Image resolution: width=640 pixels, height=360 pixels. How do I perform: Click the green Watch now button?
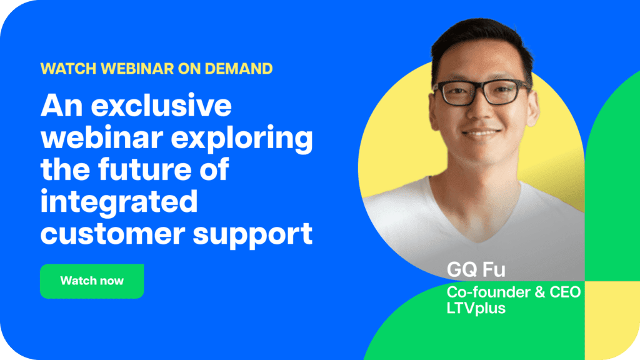pyautogui.click(x=92, y=281)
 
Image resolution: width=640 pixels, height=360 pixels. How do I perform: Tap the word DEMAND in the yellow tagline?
pyautogui.click(x=238, y=69)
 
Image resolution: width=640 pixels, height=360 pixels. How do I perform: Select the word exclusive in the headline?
pyautogui.click(x=161, y=106)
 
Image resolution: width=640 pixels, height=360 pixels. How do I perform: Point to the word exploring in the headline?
pyautogui.click(x=242, y=139)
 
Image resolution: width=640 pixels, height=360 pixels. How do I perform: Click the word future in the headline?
pyautogui.click(x=145, y=169)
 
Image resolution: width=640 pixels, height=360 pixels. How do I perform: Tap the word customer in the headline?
pyautogui.click(x=112, y=234)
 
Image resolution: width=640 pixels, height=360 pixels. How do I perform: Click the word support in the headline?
pyautogui.click(x=252, y=236)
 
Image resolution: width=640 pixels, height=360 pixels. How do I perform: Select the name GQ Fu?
pyautogui.click(x=476, y=270)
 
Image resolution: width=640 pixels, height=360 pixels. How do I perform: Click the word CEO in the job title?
pyautogui.click(x=565, y=292)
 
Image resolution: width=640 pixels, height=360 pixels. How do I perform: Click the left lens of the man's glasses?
pyautogui.click(x=459, y=93)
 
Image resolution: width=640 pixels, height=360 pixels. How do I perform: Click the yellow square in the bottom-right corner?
pyautogui.click(x=612, y=321)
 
